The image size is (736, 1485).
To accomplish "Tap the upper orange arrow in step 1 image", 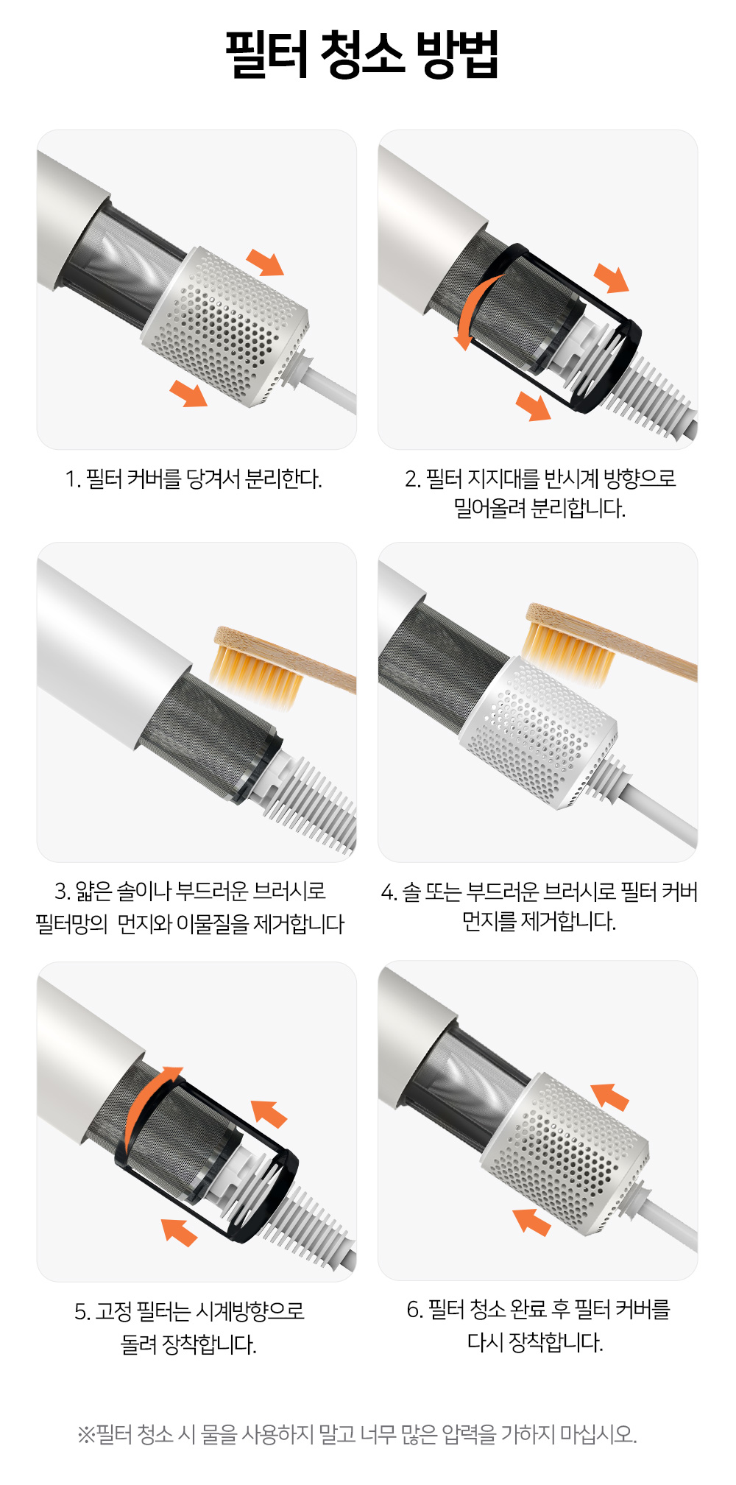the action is click(265, 262).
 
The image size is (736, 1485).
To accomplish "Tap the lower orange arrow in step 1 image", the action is click(188, 393).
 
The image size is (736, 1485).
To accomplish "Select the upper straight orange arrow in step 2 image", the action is click(612, 278).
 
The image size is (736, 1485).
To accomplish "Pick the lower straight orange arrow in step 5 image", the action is click(180, 1232).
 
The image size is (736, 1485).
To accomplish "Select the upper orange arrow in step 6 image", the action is click(610, 1096).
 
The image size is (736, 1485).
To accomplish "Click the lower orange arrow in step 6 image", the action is click(532, 1221).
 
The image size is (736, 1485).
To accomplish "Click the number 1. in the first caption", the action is click(72, 479).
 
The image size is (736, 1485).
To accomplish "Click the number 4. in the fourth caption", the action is click(389, 892).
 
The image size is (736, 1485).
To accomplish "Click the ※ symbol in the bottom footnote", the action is click(86, 1434).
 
